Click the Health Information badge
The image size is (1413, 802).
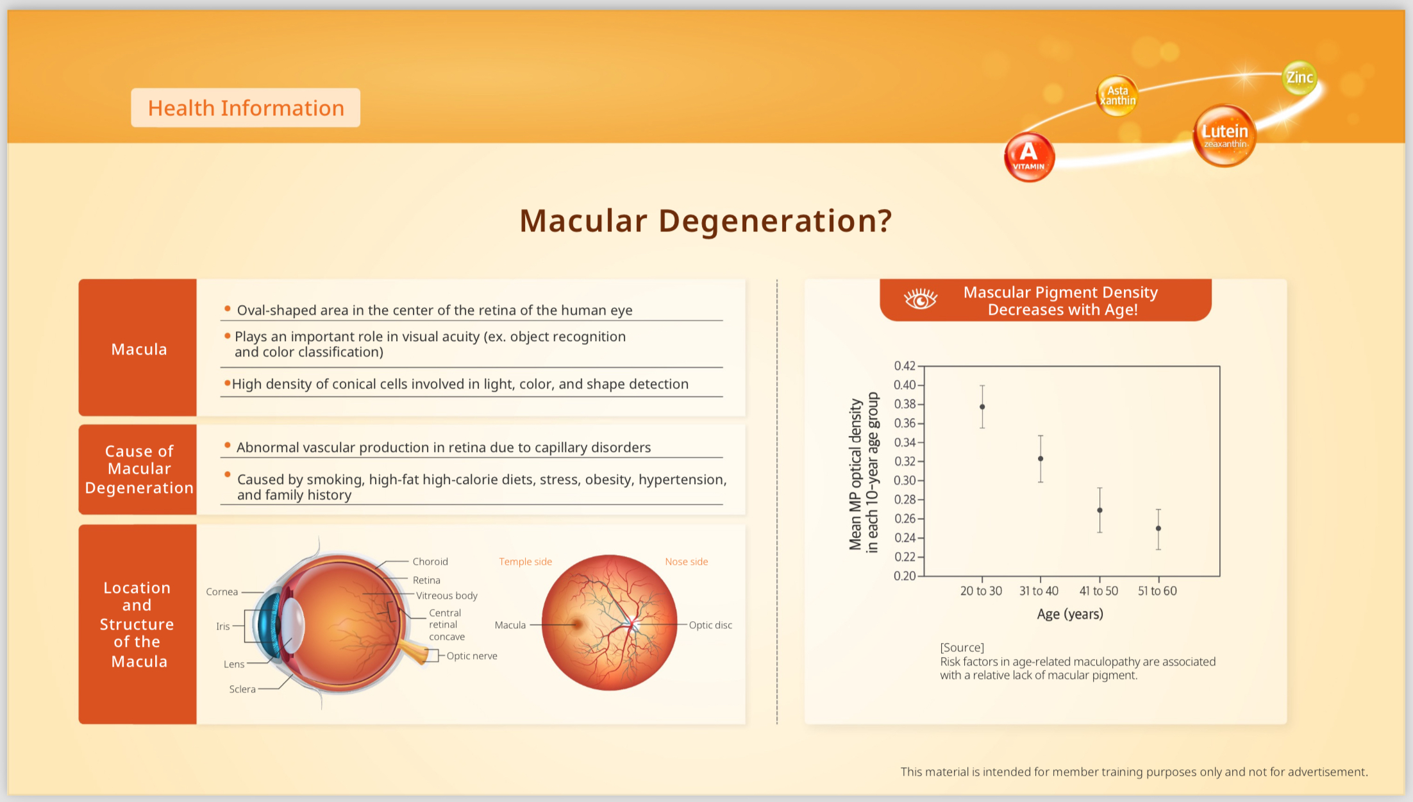tap(246, 108)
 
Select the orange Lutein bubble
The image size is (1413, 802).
tap(1225, 135)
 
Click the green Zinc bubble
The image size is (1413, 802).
tap(1300, 78)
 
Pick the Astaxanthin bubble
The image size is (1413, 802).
tap(1117, 96)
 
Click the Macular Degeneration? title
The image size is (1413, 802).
tap(705, 221)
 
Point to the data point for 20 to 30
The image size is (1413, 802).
tap(982, 406)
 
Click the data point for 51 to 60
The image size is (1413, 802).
tap(1158, 528)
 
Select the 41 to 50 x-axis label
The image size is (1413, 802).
tap(1098, 591)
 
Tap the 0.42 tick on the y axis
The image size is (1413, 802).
tap(905, 366)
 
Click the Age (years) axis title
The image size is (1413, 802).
tap(1070, 614)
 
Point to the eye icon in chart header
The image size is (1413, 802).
tap(921, 299)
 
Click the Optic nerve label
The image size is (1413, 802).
tap(472, 656)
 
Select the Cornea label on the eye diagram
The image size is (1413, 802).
tap(222, 592)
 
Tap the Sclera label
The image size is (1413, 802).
tap(242, 689)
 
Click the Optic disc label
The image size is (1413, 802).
tap(710, 625)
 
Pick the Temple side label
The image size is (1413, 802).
tap(525, 562)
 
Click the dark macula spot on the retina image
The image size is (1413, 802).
tap(578, 624)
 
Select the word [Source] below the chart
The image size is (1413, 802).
tap(962, 647)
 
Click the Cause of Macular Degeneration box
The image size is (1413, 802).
tap(138, 469)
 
